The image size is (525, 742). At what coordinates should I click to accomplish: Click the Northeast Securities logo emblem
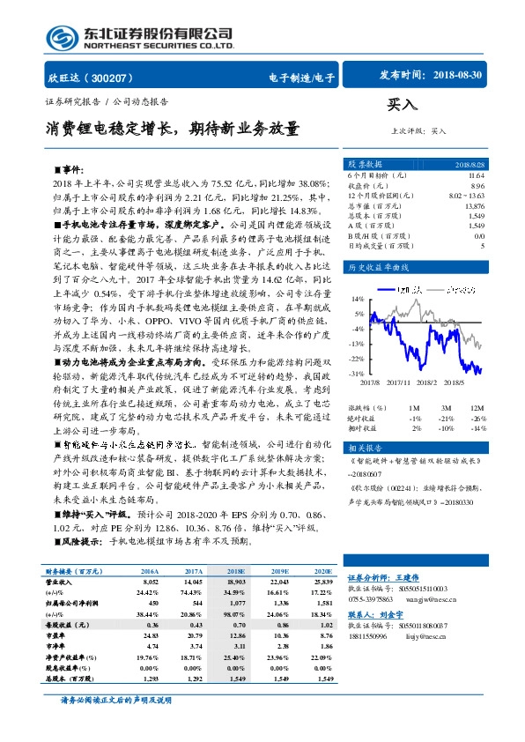(x=62, y=37)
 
